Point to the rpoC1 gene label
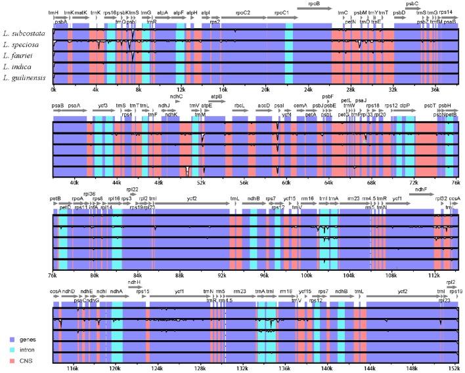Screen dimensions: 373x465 [281, 12]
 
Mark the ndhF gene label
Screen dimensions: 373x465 [420, 189]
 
